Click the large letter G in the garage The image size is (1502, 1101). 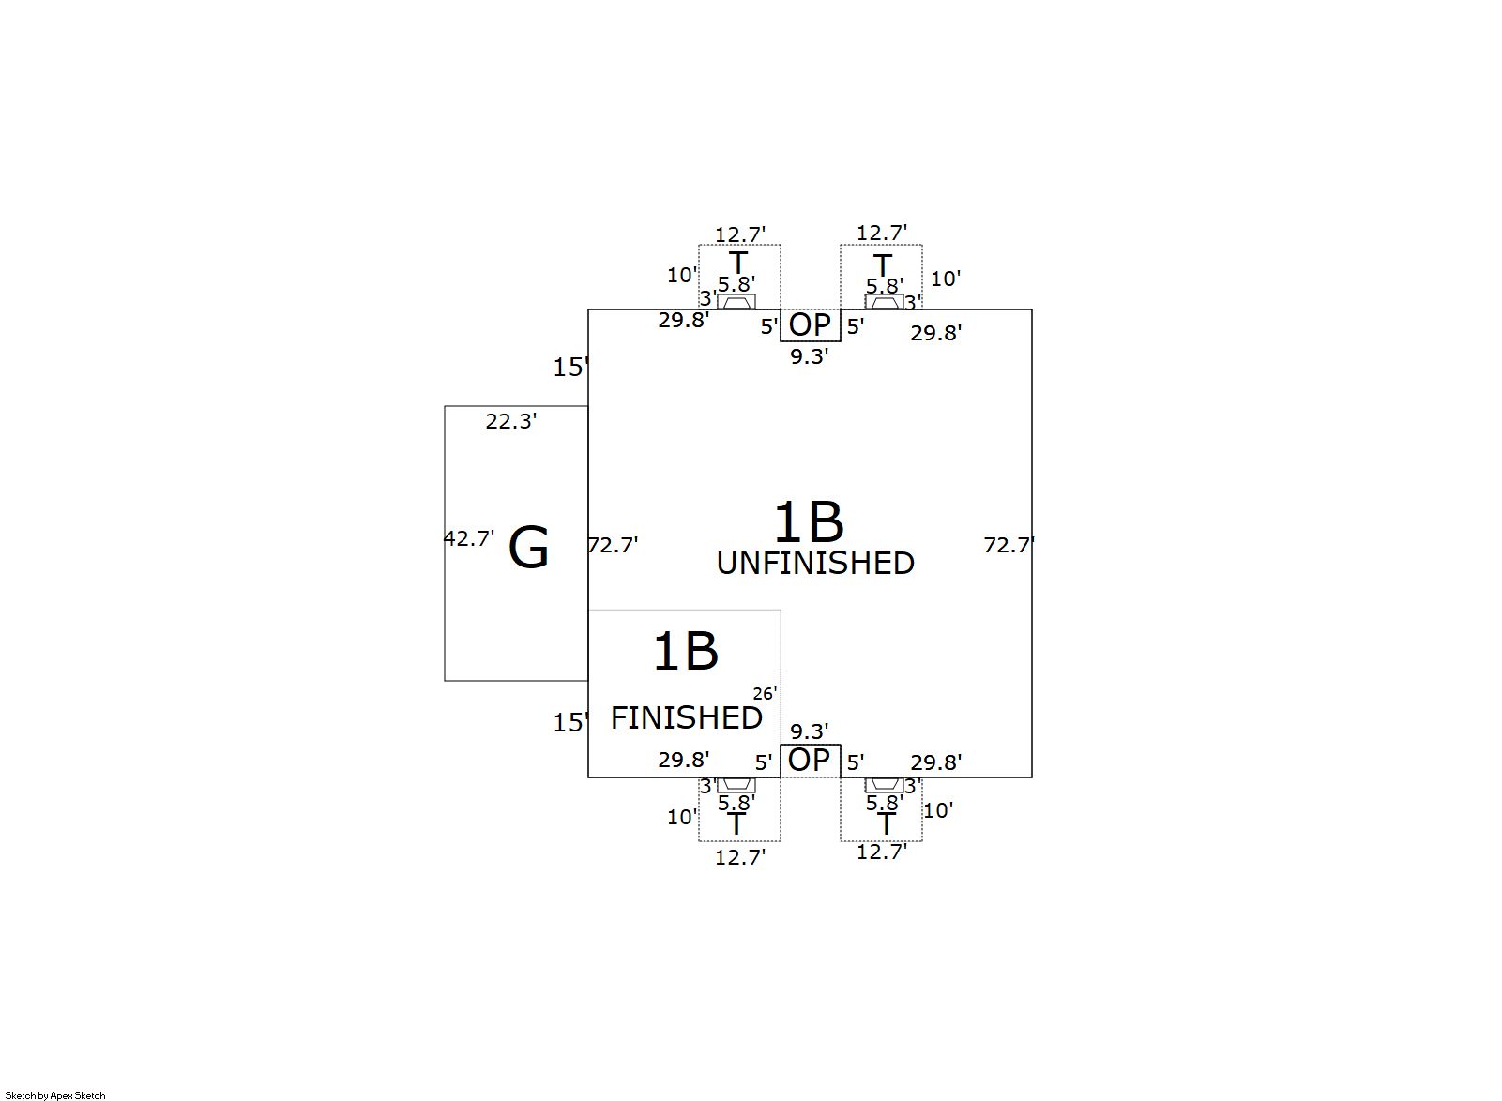click(528, 549)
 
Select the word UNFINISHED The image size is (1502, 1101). click(815, 563)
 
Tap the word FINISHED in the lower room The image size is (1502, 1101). click(686, 717)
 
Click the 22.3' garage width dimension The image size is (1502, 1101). click(510, 422)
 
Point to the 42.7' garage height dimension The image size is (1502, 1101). click(468, 538)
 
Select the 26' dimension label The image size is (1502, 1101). click(765, 693)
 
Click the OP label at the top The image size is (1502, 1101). click(810, 324)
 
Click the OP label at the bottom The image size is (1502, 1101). click(810, 760)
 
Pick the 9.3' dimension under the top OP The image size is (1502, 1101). click(809, 356)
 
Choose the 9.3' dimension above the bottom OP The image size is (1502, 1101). click(809, 731)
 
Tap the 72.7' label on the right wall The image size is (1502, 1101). click(1009, 545)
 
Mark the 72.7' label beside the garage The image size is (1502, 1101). click(613, 545)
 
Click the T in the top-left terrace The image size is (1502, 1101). click(738, 264)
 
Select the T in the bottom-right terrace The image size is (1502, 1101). click(886, 824)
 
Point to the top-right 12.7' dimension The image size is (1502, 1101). click(881, 233)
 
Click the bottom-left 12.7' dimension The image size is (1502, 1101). click(739, 856)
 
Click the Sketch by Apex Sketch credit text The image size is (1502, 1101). click(55, 1094)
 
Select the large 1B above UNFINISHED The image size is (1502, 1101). click(808, 521)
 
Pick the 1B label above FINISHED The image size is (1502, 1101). click(685, 651)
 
